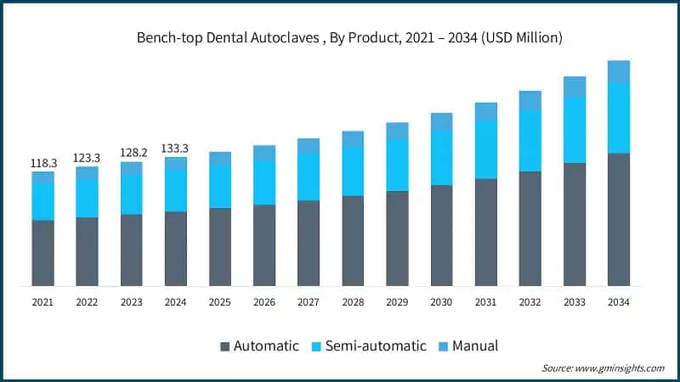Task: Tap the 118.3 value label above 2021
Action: [42, 162]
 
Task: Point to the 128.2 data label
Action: [131, 153]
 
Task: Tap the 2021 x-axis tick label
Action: [42, 301]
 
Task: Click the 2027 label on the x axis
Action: [309, 301]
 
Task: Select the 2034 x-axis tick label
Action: [619, 301]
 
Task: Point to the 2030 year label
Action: [441, 301]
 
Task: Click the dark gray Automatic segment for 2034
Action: [619, 220]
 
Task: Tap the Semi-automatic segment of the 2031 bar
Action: [485, 149]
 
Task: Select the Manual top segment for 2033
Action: [575, 86]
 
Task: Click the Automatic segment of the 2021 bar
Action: [42, 253]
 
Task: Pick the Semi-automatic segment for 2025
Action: [219, 186]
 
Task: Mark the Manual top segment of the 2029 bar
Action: [397, 131]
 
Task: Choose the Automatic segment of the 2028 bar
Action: [353, 241]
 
